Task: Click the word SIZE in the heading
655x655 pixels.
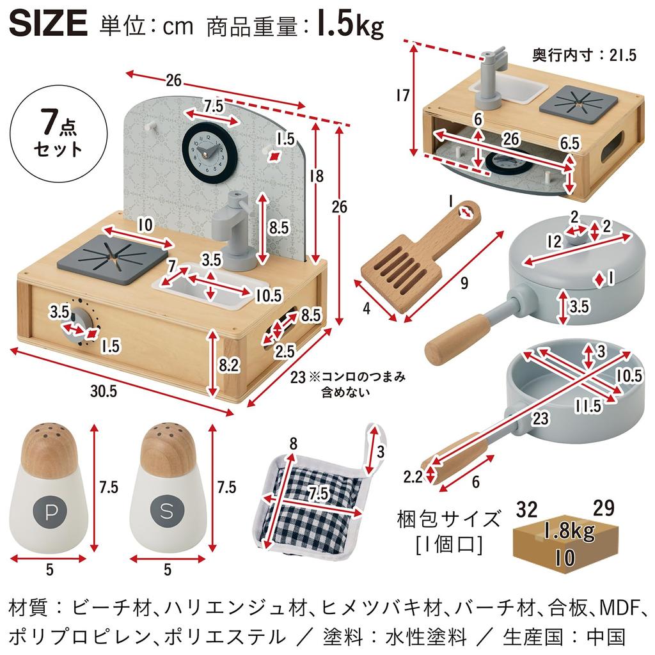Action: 49,24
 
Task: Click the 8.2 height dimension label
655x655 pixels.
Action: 228,365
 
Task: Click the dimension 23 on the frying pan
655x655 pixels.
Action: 541,420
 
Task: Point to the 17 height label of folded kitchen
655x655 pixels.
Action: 402,96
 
